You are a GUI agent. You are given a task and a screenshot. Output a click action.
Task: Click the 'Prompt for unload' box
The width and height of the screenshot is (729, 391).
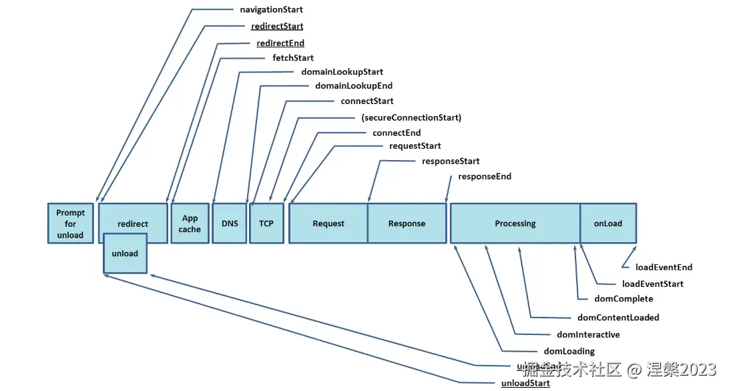coord(70,224)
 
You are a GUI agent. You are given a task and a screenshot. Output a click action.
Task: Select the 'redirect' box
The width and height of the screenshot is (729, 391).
coord(133,224)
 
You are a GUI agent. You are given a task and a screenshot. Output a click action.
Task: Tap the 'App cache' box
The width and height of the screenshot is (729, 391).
coord(190,224)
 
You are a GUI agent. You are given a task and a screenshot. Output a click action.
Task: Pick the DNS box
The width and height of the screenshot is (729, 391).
coord(230,224)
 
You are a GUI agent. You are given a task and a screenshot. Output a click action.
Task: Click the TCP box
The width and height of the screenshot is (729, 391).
coord(266,224)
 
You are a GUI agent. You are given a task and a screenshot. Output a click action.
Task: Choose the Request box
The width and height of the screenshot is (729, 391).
coord(328,224)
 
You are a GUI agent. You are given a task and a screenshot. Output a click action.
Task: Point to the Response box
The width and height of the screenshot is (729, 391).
coord(407,224)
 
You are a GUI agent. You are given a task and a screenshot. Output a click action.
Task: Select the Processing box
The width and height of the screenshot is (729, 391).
coord(515,224)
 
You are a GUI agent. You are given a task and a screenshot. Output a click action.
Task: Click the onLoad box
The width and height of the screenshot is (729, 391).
coord(607,224)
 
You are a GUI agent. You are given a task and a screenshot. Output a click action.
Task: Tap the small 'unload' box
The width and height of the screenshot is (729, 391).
coord(125,254)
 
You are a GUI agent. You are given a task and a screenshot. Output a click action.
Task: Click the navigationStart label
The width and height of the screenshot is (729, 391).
coord(271,10)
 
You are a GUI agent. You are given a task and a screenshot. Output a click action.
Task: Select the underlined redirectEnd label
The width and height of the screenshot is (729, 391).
coord(280,43)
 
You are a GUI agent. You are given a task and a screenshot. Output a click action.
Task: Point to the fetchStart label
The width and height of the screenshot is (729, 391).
coord(293,58)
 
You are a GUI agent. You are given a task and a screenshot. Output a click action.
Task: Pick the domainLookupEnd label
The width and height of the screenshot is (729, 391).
coord(354,86)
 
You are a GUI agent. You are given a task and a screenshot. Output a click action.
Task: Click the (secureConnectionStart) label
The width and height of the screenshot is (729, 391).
coord(411,118)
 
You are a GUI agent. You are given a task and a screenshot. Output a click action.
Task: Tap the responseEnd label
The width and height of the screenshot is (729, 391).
coord(485,177)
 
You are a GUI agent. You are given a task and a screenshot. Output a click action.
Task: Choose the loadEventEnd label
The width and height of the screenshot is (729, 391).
coord(664,268)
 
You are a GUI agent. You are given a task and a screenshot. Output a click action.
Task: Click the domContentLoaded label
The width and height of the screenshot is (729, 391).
coord(618,318)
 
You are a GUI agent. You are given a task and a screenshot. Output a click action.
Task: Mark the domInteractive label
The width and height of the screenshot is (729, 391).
coord(588,335)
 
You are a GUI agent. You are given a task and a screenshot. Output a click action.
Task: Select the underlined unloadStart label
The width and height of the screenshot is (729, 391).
coord(525,384)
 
